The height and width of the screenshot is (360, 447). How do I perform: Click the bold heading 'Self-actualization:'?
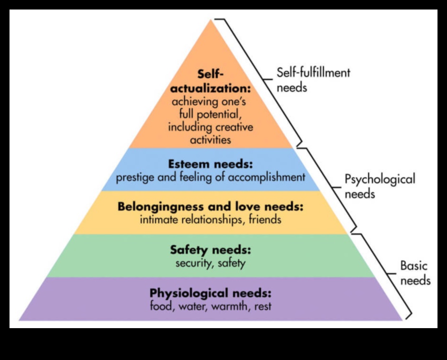coord(210,82)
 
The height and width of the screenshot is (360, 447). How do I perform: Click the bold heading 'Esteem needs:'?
coord(210,164)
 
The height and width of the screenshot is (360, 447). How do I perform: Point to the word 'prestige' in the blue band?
coord(134,177)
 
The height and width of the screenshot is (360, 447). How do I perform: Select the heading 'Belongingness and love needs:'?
coord(210,207)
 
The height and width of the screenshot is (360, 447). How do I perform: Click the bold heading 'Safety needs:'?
coord(210,250)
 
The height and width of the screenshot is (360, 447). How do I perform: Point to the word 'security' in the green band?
coord(193,263)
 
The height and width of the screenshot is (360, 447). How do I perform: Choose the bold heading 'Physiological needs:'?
coord(210,292)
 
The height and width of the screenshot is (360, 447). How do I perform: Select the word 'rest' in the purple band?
coord(262,306)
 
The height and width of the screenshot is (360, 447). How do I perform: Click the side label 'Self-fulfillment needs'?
coord(313,79)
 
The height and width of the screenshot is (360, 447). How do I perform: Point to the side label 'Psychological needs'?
coord(379,186)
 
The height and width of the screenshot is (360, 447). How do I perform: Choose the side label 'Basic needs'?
coord(415,273)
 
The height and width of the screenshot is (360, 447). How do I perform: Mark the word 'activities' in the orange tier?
coord(210,140)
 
